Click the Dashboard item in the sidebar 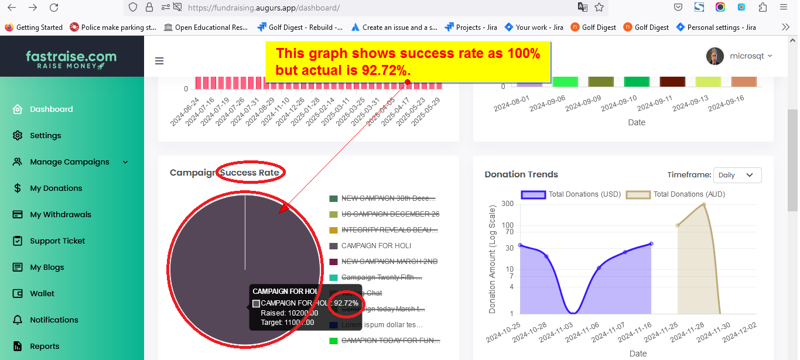click(x=51, y=109)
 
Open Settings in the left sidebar click(x=45, y=135)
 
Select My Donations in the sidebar click(x=56, y=188)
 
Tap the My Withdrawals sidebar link click(x=60, y=214)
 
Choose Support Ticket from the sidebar click(x=57, y=241)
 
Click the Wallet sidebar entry click(x=42, y=293)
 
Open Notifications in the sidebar click(x=54, y=320)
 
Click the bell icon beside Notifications click(x=18, y=320)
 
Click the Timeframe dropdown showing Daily click(x=737, y=175)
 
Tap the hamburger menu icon click(x=159, y=61)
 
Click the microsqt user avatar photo click(x=715, y=56)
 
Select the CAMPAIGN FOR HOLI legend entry click(x=376, y=246)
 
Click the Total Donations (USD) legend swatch click(x=533, y=194)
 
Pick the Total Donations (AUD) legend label click(x=689, y=194)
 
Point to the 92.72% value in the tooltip click(x=346, y=303)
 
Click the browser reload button click(x=54, y=8)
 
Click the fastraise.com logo click(x=71, y=60)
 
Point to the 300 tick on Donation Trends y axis click(x=507, y=204)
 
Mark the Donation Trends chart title click(x=521, y=174)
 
